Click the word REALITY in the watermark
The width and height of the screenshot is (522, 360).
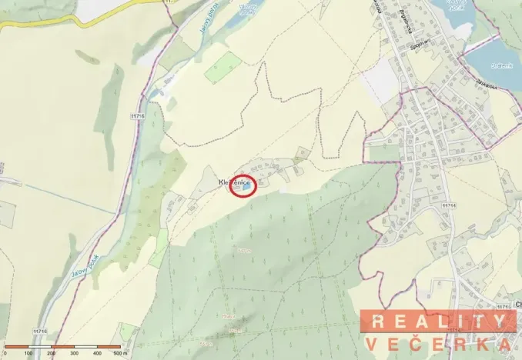click(x=439, y=322)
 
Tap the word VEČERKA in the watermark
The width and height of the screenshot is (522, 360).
click(x=439, y=344)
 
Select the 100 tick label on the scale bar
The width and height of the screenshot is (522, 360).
click(x=28, y=353)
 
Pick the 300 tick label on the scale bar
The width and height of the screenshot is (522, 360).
click(x=74, y=353)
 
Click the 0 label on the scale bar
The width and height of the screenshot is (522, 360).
click(x=5, y=353)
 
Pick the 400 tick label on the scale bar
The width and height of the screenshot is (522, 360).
click(x=97, y=353)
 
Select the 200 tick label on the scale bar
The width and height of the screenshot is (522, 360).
click(x=51, y=353)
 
